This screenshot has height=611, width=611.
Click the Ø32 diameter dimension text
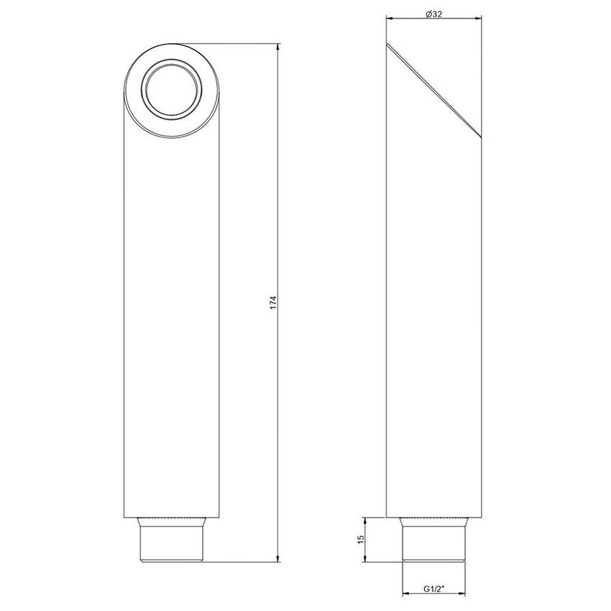[x=433, y=14]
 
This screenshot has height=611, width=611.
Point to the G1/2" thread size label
[x=433, y=589]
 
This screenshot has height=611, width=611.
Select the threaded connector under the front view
[x=171, y=542]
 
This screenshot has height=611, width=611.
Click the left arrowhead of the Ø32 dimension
[x=389, y=19]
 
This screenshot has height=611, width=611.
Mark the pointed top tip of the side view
[x=387, y=44]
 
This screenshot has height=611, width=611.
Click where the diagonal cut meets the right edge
[x=480, y=139]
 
